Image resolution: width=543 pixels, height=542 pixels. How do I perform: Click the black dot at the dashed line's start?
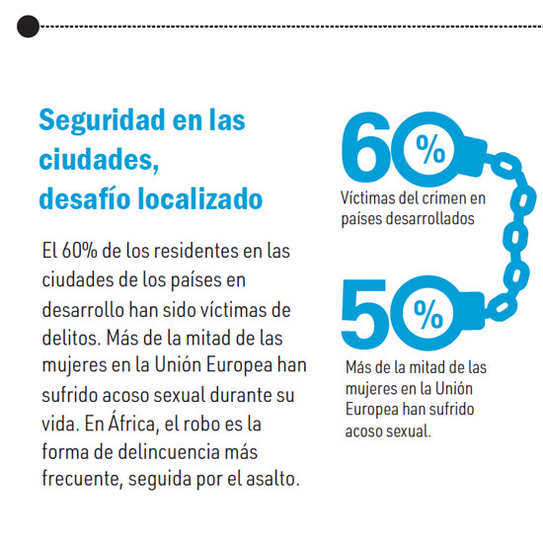28,27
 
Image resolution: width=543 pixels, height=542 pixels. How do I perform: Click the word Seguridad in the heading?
102,120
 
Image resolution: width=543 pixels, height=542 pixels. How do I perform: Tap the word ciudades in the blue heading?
97,159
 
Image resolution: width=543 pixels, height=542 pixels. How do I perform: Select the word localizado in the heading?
200,198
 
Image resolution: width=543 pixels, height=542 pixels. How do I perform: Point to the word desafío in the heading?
86,198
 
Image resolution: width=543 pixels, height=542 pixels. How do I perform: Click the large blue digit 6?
367,147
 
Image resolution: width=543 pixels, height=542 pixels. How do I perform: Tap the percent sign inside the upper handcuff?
430,149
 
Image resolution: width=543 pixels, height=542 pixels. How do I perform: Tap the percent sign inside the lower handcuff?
428,314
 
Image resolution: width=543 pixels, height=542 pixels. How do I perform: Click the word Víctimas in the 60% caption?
368,198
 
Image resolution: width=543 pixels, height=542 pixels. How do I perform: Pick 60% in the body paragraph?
80,250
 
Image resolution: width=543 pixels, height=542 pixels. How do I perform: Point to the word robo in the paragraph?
200,424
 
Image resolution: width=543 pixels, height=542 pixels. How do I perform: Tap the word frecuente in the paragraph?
82,480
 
